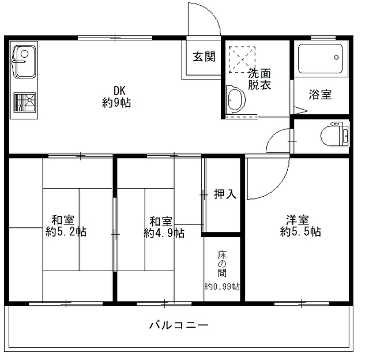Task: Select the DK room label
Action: pos(119,91)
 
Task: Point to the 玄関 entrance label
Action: pos(204,57)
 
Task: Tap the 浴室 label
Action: pos(320,95)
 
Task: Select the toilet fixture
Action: pos(337,135)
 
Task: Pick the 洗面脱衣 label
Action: pos(259,79)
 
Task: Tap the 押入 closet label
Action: pos(225,194)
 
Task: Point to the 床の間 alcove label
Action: pos(222,264)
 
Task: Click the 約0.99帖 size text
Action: pos(222,287)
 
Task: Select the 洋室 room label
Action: pos(298,220)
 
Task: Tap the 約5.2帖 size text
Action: pos(66,232)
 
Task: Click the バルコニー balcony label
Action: pos(179,325)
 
